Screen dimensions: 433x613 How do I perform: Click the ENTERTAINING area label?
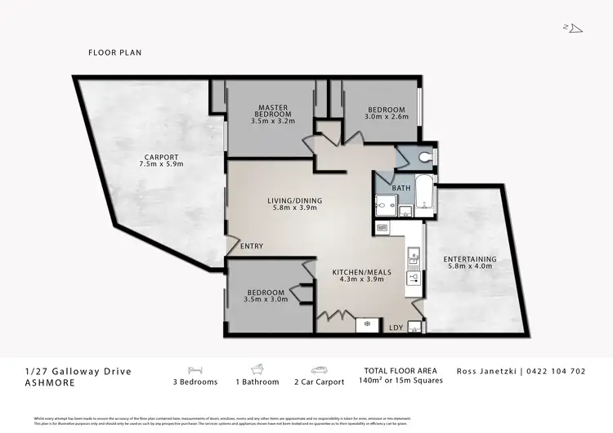coord(470,261)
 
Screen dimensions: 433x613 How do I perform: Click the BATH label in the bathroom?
coord(401,189)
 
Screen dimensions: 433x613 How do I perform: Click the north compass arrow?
coord(575,29)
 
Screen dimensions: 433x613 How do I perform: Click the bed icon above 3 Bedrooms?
coord(195,369)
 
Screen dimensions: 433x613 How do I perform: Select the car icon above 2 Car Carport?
coord(319,369)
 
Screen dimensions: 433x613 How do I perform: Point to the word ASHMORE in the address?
coord(51,382)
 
